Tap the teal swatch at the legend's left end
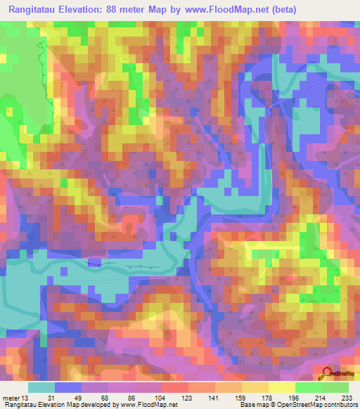tap(41, 387)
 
